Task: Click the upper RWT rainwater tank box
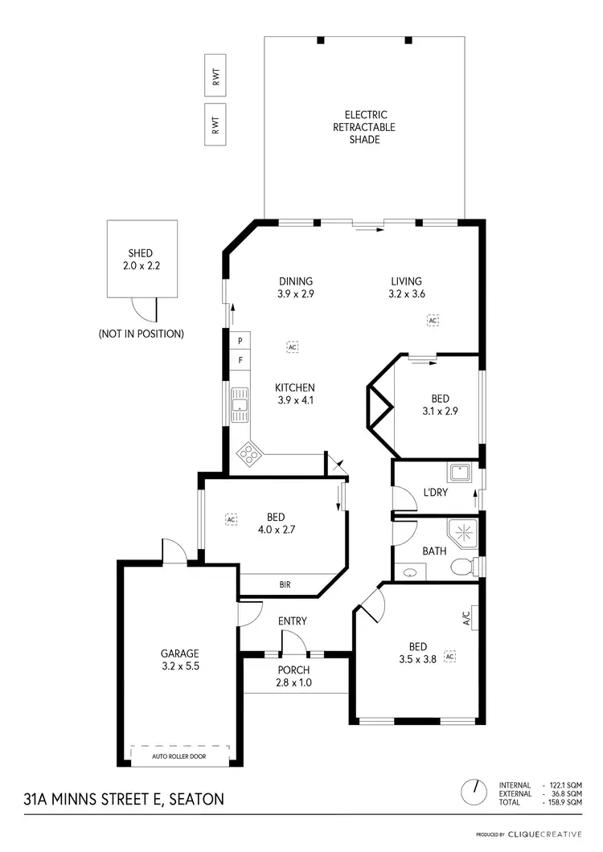pos(215,77)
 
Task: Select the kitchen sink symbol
pos(240,406)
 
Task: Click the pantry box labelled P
pos(240,342)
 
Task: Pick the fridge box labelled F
pos(240,361)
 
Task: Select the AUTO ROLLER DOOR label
pos(179,756)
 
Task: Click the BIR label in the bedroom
pos(285,585)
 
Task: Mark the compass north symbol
pos(474,792)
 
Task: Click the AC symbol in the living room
pos(433,321)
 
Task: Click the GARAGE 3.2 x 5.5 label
pos(179,659)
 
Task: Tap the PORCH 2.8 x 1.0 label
pos(294,676)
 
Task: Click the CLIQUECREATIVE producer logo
pos(544,834)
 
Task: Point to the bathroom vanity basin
pos(412,573)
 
